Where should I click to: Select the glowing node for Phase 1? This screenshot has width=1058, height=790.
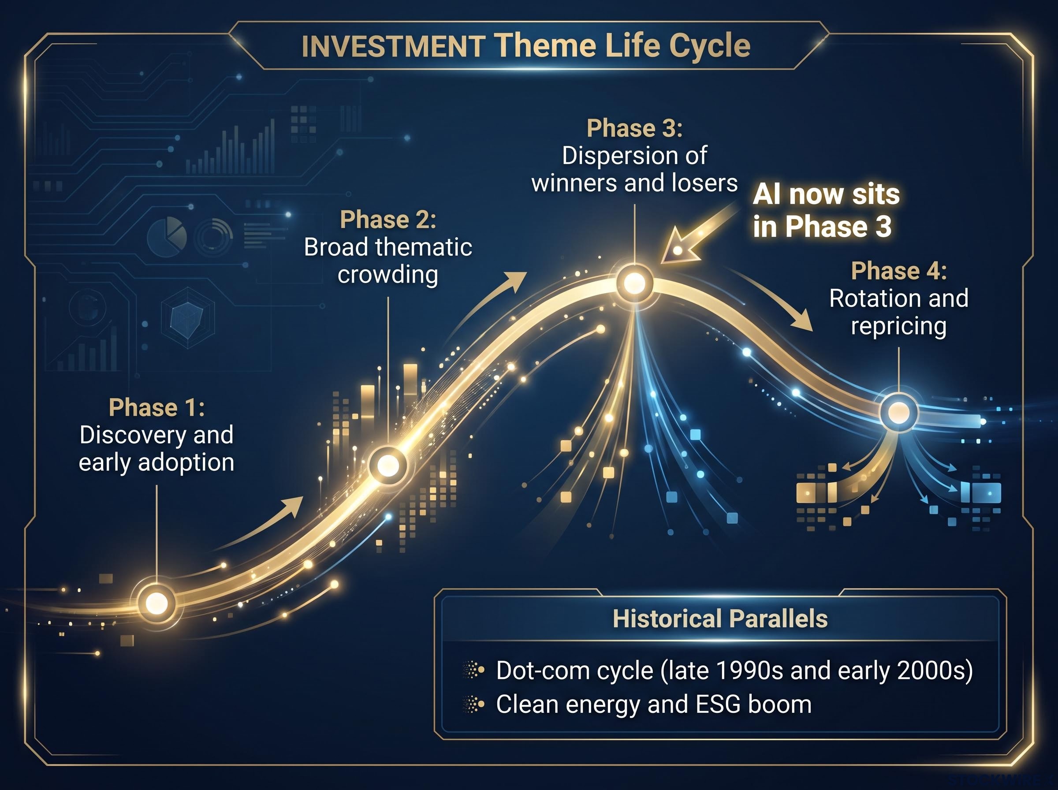pyautogui.click(x=156, y=603)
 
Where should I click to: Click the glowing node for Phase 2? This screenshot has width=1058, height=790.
pyautogui.click(x=388, y=464)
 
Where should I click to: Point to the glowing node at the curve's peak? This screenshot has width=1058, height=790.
pyautogui.click(x=634, y=283)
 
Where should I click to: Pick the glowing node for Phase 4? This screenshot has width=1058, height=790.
pyautogui.click(x=899, y=412)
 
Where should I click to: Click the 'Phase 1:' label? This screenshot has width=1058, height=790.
pyautogui.click(x=157, y=407)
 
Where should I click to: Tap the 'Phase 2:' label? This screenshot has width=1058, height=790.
pyautogui.click(x=388, y=220)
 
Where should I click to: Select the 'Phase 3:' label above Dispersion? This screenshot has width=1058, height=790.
pyautogui.click(x=634, y=128)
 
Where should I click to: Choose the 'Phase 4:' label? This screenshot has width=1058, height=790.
pyautogui.click(x=899, y=271)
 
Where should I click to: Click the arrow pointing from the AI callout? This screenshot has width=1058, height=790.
pyautogui.click(x=698, y=233)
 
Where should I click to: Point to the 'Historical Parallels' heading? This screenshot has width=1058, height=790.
pyautogui.click(x=720, y=619)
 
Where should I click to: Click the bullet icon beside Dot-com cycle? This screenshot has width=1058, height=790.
pyautogui.click(x=474, y=670)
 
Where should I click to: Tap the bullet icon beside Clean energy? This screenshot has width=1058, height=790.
pyautogui.click(x=474, y=704)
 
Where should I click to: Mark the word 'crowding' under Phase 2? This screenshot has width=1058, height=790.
pyautogui.click(x=388, y=275)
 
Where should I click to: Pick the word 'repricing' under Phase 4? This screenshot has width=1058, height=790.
pyautogui.click(x=899, y=327)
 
